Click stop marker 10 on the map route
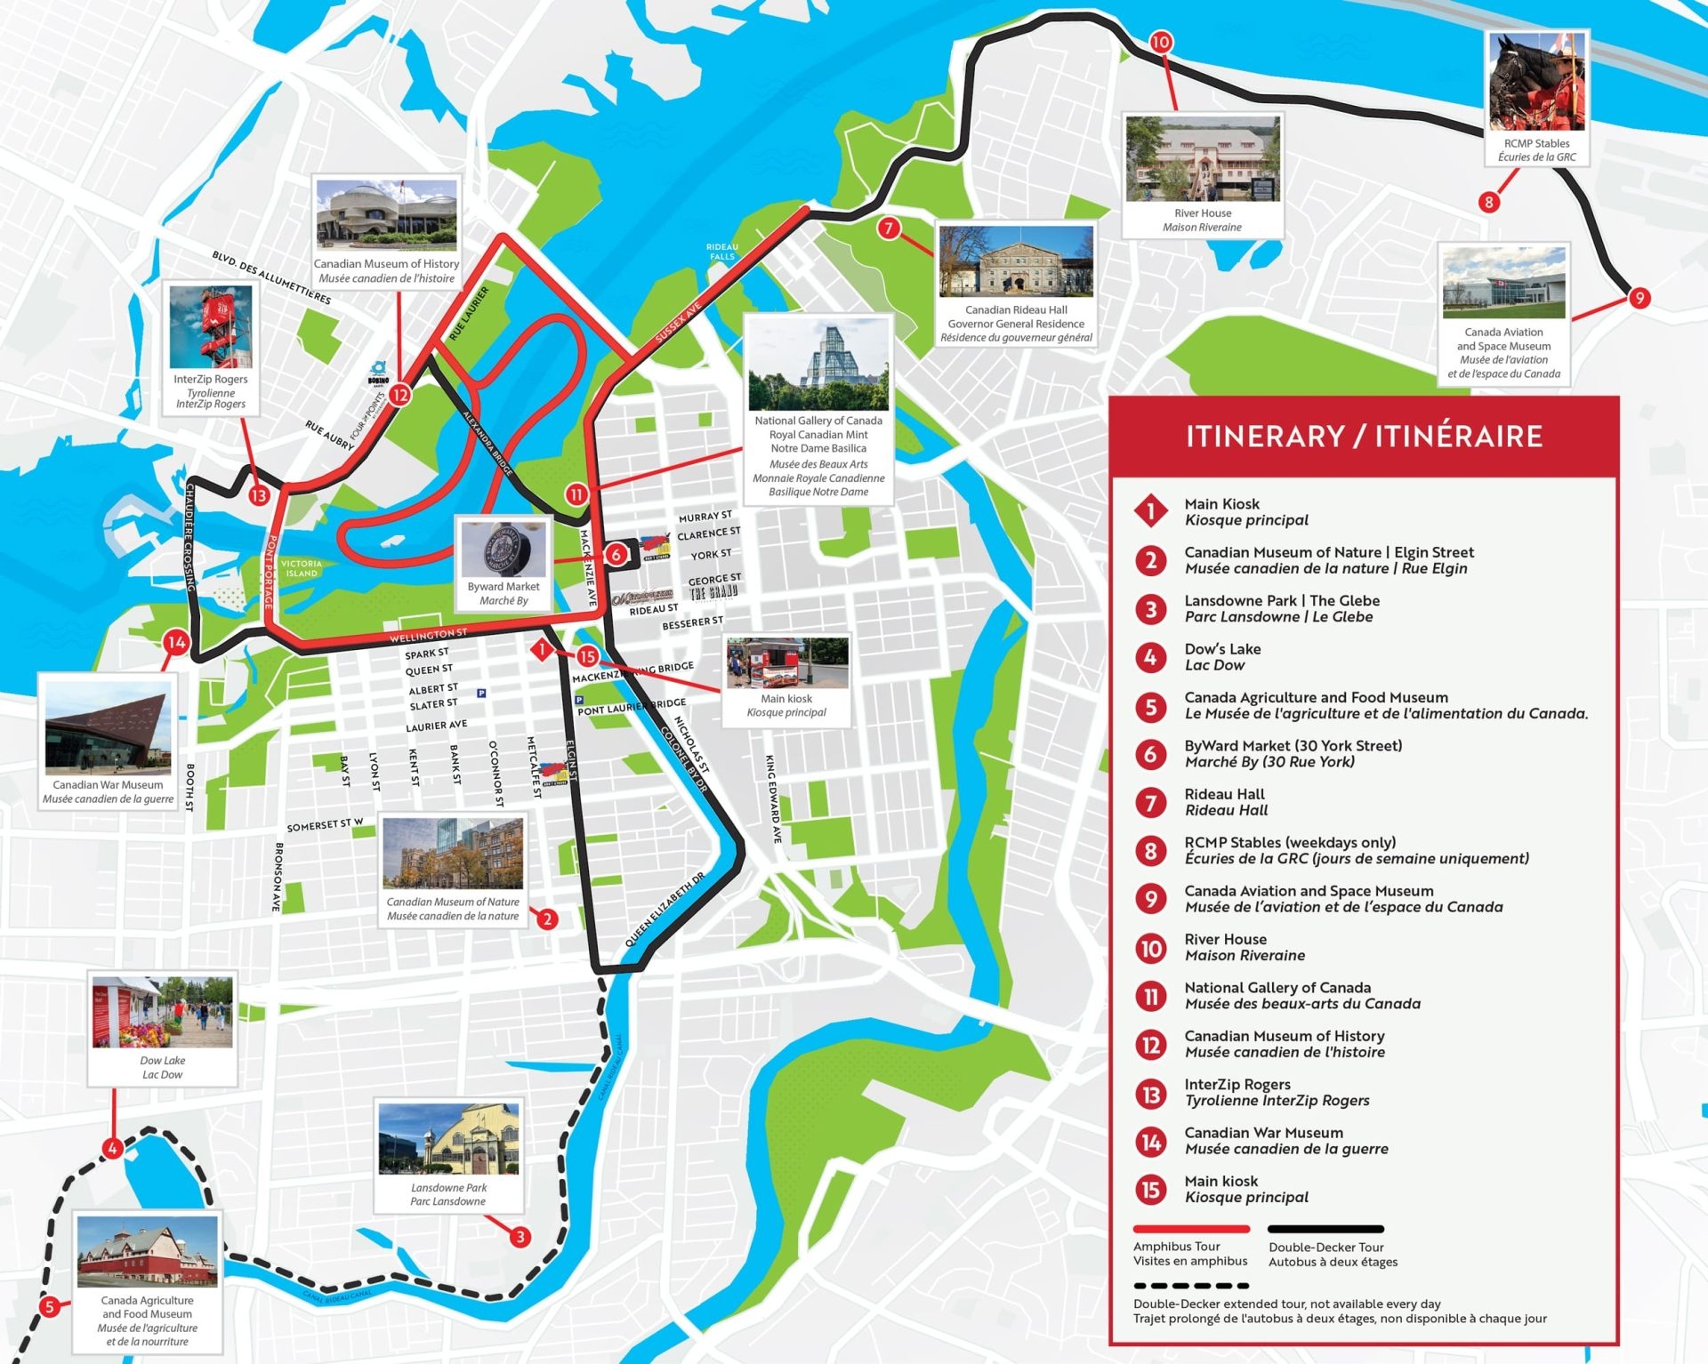tap(1160, 42)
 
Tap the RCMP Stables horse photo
tap(1536, 83)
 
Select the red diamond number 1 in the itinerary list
tap(1150, 510)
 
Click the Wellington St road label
tap(428, 635)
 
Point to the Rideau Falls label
tap(721, 252)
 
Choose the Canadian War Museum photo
tap(109, 726)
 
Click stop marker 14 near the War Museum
tap(176, 642)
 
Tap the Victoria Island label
tap(301, 568)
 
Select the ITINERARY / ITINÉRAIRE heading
tap(1363, 437)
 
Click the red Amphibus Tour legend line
tap(1190, 1229)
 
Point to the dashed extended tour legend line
tap(1190, 1286)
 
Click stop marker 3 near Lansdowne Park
tap(520, 1236)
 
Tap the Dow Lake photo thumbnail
tap(162, 1013)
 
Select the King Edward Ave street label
tap(773, 798)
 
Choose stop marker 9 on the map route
tap(1639, 298)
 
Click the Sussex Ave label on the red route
tap(678, 323)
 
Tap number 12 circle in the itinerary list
tap(1150, 1044)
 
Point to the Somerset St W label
tap(325, 825)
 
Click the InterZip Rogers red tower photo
tap(211, 326)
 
